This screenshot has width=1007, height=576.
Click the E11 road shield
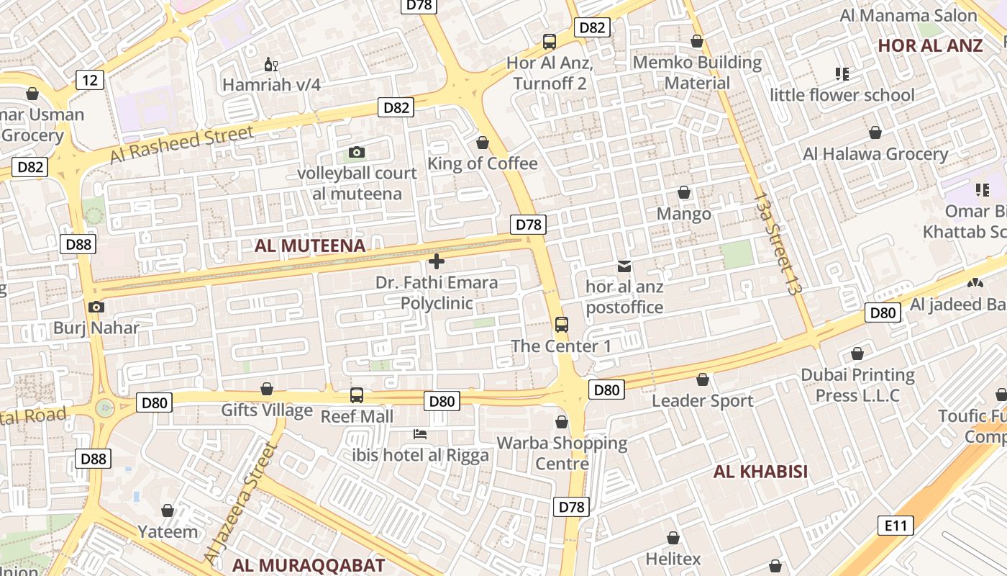(x=896, y=526)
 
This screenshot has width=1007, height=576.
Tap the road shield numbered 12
(x=89, y=79)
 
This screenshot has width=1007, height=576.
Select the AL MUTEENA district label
(x=310, y=246)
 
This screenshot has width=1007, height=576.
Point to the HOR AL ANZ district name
(x=930, y=45)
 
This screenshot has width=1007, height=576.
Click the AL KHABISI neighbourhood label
(x=760, y=472)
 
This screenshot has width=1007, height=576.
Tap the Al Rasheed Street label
(x=182, y=144)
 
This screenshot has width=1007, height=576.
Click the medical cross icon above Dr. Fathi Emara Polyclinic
(x=436, y=261)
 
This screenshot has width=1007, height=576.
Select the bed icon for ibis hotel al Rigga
(x=420, y=434)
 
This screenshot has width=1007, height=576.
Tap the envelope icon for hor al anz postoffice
(x=624, y=266)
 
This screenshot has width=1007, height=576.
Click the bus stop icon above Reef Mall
(x=357, y=395)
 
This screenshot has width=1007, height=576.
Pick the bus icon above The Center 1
(x=561, y=325)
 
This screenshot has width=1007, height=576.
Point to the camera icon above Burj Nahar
(x=96, y=307)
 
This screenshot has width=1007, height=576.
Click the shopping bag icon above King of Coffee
(x=483, y=143)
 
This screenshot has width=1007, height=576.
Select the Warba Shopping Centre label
(x=562, y=453)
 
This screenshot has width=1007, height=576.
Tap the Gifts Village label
(x=267, y=410)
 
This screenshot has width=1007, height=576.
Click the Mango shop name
(x=683, y=214)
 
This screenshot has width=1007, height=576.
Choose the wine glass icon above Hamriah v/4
(x=271, y=65)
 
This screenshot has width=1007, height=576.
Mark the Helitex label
(x=673, y=559)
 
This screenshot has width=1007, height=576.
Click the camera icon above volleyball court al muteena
(x=357, y=152)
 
